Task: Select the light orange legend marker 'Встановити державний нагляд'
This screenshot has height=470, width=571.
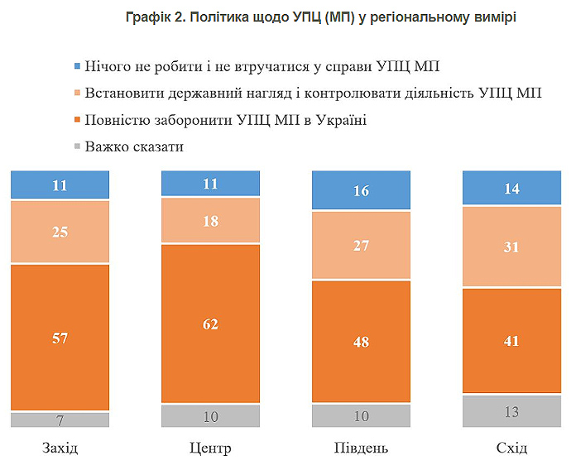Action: [77, 92]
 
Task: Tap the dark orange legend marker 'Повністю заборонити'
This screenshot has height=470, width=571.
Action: [77, 120]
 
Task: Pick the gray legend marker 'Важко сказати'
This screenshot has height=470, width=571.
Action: [77, 147]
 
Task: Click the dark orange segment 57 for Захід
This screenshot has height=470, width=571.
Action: [60, 337]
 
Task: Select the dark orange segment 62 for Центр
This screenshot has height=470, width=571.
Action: [210, 324]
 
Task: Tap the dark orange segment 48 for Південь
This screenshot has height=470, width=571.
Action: [361, 342]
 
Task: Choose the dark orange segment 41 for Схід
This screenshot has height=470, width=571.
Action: [511, 340]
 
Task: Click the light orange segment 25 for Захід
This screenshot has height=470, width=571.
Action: [60, 232]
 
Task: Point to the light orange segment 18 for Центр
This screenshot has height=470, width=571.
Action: [210, 221]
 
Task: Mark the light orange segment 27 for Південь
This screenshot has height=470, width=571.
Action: [361, 245]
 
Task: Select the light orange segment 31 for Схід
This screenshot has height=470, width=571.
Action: [511, 247]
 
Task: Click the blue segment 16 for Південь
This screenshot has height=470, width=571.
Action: [361, 190]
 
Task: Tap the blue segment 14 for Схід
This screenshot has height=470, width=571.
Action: [511, 188]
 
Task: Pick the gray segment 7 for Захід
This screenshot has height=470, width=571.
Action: [60, 420]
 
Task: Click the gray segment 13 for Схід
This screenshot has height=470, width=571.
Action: [511, 410]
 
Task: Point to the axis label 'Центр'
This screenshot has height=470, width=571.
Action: [210, 448]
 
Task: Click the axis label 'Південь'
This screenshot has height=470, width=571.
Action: [361, 448]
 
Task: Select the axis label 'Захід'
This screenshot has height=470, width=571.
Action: [60, 448]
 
